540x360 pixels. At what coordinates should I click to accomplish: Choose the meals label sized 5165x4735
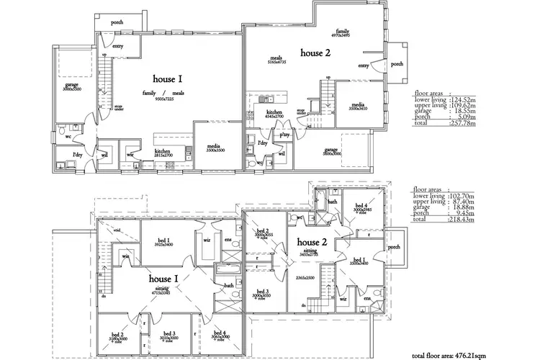tap(275, 60)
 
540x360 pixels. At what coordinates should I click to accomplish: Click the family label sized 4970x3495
tap(341, 33)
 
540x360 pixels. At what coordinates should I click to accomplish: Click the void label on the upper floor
tap(117, 230)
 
